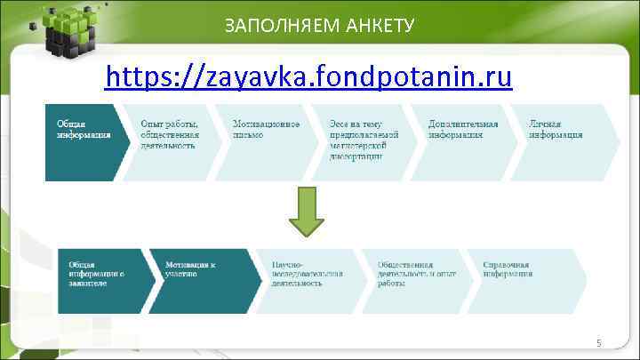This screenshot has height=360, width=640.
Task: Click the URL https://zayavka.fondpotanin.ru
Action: pyautogui.click(x=308, y=78)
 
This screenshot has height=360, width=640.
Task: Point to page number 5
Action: pyautogui.click(x=599, y=343)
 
